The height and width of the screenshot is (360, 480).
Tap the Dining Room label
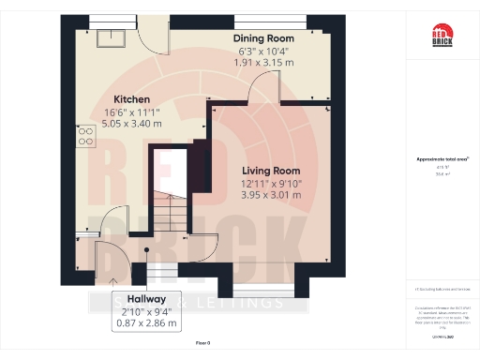click(x=270, y=38)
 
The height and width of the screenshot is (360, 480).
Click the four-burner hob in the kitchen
click(x=85, y=140)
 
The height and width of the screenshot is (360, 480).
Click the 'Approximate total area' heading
click(x=441, y=159)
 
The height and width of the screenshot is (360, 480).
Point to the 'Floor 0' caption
click(x=202, y=344)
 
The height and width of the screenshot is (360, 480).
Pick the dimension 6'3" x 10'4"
click(x=270, y=51)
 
